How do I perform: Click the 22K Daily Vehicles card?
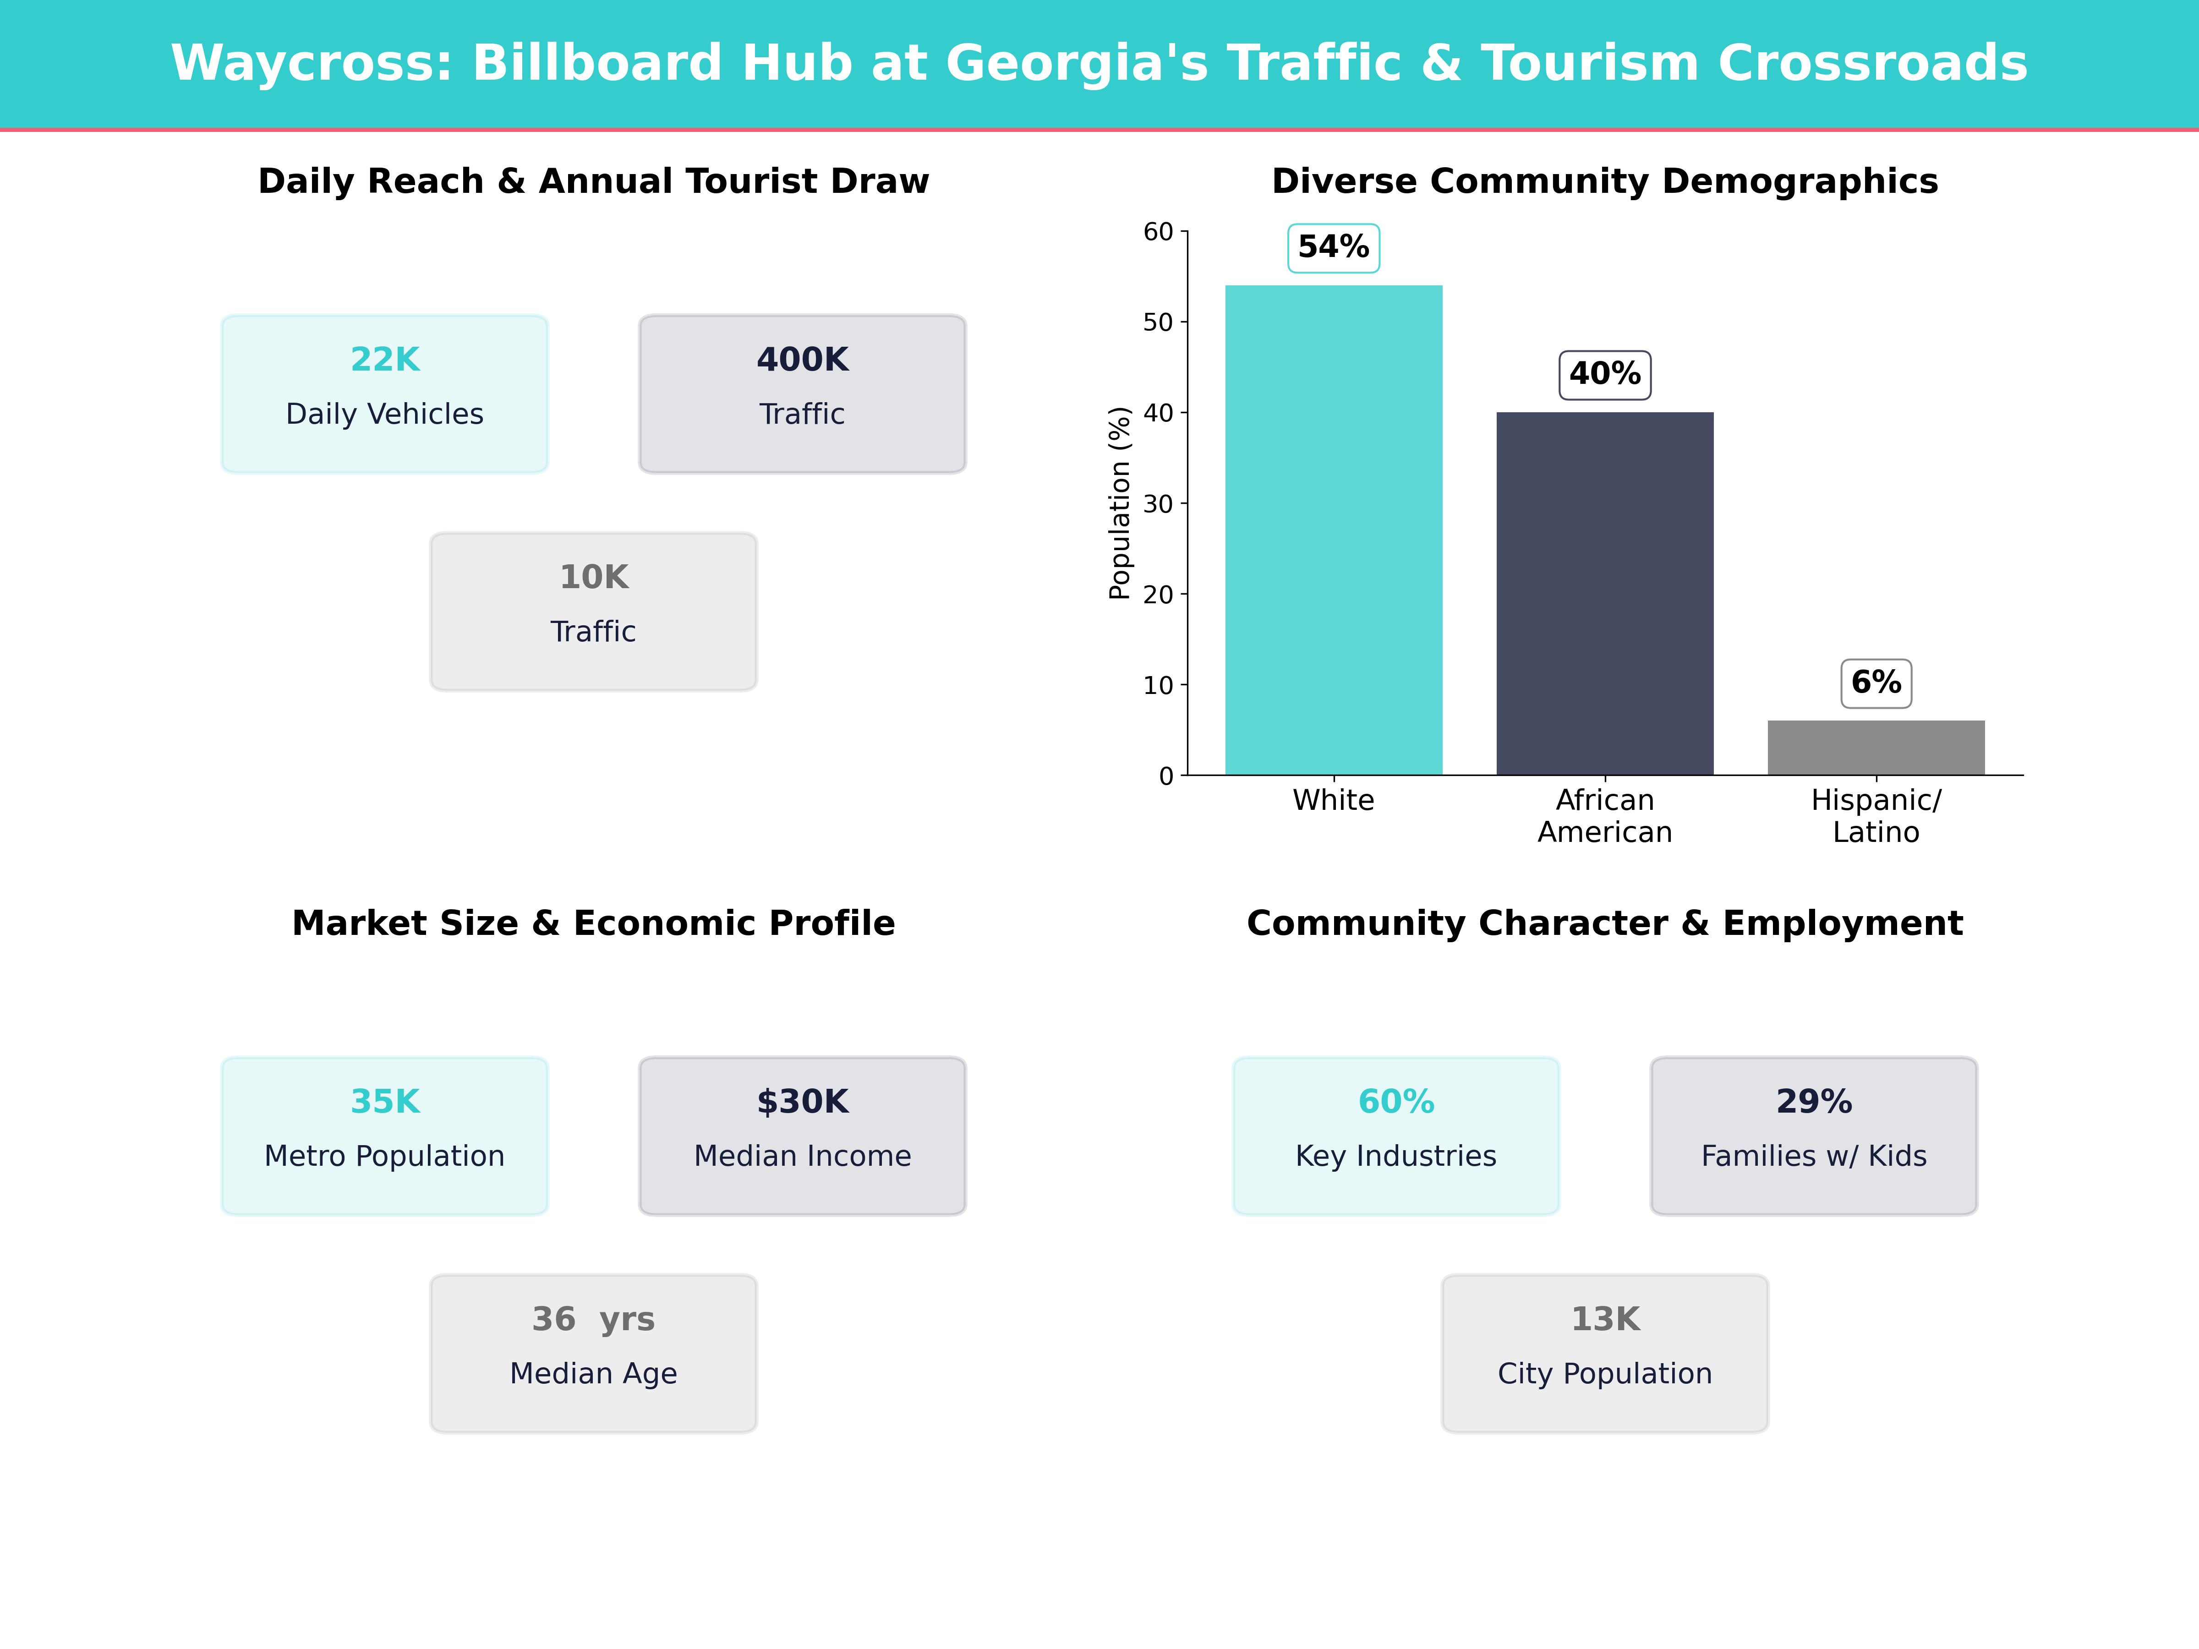point(385,393)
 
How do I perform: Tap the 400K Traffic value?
point(802,360)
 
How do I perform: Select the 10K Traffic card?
point(593,612)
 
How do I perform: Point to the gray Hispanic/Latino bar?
point(1876,748)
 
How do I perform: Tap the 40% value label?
point(1604,375)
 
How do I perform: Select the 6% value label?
point(1876,683)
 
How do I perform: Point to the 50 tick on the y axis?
point(1158,322)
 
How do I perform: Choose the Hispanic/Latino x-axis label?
point(1876,816)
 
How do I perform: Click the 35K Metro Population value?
point(385,1101)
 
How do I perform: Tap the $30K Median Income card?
point(802,1135)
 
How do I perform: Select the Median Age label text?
point(593,1374)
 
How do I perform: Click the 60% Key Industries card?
point(1396,1135)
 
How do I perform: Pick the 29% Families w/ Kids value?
point(1813,1101)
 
